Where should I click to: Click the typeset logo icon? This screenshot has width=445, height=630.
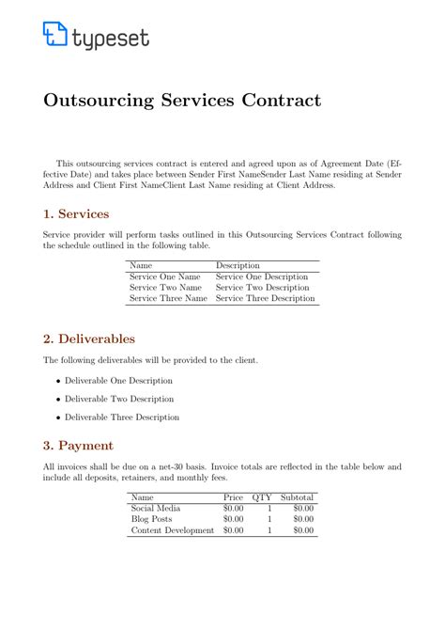pyautogui.click(x=54, y=35)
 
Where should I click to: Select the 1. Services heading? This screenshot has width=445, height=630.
pyautogui.click(x=76, y=213)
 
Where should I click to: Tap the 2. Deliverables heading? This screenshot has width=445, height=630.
pyautogui.click(x=89, y=339)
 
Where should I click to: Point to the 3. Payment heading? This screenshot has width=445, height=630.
pyautogui.click(x=78, y=445)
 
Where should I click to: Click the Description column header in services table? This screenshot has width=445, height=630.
pyautogui.click(x=238, y=266)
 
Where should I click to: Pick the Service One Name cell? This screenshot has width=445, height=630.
pyautogui.click(x=165, y=277)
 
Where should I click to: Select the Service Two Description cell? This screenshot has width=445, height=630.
pyautogui.click(x=262, y=288)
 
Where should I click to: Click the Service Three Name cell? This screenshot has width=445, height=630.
pyautogui.click(x=168, y=299)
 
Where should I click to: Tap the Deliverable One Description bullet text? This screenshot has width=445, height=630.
pyautogui.click(x=118, y=381)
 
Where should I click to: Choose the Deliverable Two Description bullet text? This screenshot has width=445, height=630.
pyautogui.click(x=118, y=399)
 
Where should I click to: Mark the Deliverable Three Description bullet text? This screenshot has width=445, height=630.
pyautogui.click(x=122, y=417)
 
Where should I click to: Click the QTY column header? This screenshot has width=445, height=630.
pyautogui.click(x=262, y=496)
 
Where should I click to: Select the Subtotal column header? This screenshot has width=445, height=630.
pyautogui.click(x=297, y=496)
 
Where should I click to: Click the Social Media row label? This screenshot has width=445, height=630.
pyautogui.click(x=156, y=508)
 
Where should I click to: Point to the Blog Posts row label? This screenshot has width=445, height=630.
pyautogui.click(x=152, y=518)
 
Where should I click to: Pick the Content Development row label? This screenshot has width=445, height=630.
pyautogui.click(x=173, y=529)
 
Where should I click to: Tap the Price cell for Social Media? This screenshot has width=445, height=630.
pyautogui.click(x=233, y=508)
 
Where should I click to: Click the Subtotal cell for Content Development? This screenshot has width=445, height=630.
pyautogui.click(x=303, y=529)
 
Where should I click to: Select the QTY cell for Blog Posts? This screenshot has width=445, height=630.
pyautogui.click(x=269, y=518)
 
